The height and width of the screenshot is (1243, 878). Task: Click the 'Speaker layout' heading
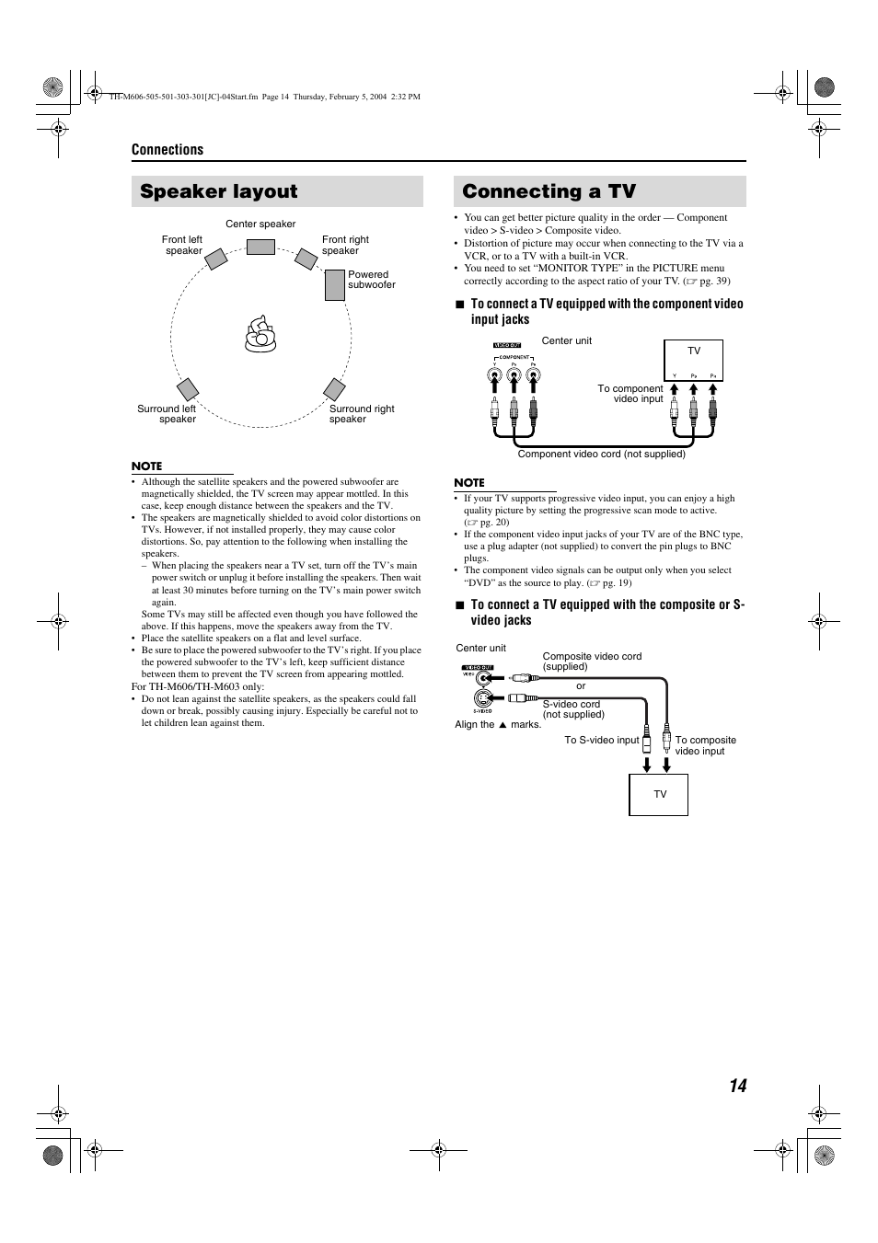tap(219, 191)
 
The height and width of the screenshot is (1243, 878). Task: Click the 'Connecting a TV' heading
tap(549, 191)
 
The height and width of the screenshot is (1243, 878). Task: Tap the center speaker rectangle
tap(260, 247)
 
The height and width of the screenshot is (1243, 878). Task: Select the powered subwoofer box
tap(335, 285)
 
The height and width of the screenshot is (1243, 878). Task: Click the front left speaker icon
tap(215, 259)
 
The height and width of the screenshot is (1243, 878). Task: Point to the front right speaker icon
tap(306, 259)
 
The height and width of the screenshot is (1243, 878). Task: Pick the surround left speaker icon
tap(188, 389)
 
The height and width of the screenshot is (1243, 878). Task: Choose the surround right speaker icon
tap(334, 389)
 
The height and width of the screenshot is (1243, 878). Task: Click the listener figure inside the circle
tap(260, 335)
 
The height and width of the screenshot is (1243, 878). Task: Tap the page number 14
tap(737, 1086)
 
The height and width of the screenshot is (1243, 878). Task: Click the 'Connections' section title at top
tap(168, 150)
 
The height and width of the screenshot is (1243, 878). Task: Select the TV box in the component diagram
tap(694, 360)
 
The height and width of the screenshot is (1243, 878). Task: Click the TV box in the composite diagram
tap(659, 795)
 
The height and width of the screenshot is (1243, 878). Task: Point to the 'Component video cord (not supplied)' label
tap(601, 455)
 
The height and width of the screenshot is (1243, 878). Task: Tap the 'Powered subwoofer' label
tap(371, 280)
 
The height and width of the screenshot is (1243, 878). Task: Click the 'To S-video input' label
tap(601, 741)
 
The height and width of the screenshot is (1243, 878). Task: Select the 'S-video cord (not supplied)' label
tap(572, 709)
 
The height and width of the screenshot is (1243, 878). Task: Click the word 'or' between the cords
tap(581, 686)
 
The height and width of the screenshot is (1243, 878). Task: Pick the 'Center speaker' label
tap(260, 224)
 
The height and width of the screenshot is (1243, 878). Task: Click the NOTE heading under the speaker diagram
tap(146, 466)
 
